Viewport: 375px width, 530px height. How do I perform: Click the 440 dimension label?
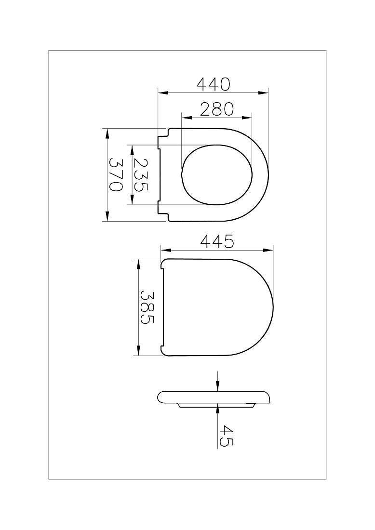[x=213, y=84]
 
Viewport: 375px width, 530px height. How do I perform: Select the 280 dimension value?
[x=217, y=109]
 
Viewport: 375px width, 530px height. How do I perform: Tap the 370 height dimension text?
[x=115, y=175]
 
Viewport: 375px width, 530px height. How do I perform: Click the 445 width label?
[x=217, y=241]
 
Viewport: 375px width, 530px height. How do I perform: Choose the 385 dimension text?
[x=147, y=307]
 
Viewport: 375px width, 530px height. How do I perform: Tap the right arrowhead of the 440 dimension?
[x=263, y=93]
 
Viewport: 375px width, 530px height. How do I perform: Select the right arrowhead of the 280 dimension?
[x=247, y=118]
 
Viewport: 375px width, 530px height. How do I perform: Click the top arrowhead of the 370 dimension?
[x=107, y=133]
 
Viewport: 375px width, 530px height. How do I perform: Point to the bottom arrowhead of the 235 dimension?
[x=132, y=200]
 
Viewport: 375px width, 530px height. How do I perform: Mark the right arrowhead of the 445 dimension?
[x=268, y=250]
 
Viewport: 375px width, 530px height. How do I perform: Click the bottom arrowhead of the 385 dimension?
[x=138, y=350]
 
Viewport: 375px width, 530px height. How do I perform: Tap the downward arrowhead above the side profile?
[x=218, y=386]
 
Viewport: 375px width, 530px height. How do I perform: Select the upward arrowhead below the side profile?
[x=218, y=408]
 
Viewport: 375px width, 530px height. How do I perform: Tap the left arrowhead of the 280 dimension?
[x=187, y=118]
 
